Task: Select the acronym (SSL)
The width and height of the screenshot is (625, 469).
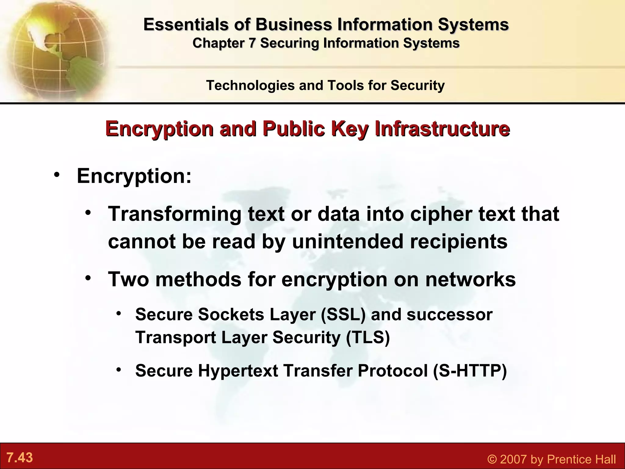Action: point(343,314)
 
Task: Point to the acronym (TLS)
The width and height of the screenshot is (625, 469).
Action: point(368,338)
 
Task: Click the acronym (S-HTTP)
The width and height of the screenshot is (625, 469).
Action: point(470,371)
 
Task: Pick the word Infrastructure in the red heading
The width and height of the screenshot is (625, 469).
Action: point(442,129)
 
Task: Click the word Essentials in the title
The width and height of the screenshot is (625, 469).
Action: point(186,24)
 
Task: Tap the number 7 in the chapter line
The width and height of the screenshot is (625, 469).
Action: point(251,43)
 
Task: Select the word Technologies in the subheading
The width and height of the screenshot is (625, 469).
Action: point(250,85)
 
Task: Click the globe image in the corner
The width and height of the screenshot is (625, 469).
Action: point(55,49)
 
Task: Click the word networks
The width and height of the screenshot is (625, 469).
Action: point(470,279)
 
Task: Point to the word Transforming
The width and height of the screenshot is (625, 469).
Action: point(175,214)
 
